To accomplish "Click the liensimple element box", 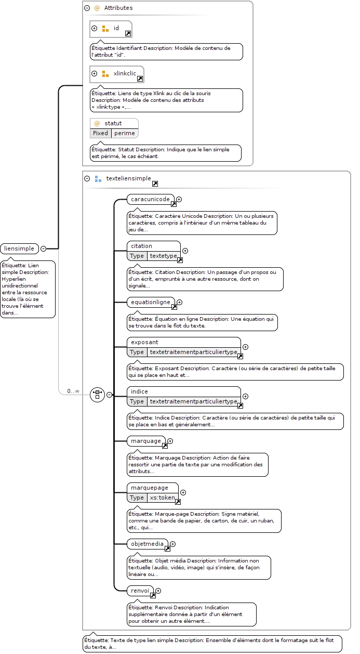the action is click(x=20, y=248).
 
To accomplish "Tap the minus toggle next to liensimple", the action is click(x=44, y=248).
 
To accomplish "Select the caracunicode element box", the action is click(x=151, y=199).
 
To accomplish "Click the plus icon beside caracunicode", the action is click(x=179, y=199).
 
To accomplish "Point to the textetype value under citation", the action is click(x=163, y=256).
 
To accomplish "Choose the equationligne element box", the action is click(x=151, y=302).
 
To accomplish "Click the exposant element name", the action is click(x=144, y=342).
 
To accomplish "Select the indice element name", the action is click(x=139, y=391).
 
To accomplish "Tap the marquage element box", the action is click(x=146, y=441).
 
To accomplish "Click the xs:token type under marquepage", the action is click(x=162, y=498).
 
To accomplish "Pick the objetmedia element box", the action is click(x=148, y=544).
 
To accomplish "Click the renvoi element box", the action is click(x=140, y=591).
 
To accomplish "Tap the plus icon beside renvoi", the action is click(x=158, y=591).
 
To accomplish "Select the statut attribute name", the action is click(x=113, y=123).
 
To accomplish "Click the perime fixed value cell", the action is click(x=125, y=133).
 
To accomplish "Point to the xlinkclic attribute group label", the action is click(x=125, y=73).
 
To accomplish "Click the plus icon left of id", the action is click(x=94, y=28).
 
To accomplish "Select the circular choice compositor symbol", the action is click(x=98, y=395).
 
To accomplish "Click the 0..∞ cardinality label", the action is click(x=73, y=391).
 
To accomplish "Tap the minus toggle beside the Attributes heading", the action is click(x=87, y=8).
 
